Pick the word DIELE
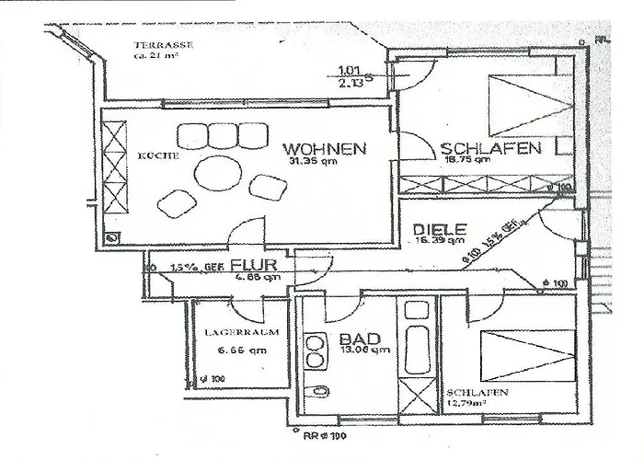click(x=441, y=229)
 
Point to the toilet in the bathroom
click(x=317, y=392)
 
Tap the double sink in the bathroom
click(x=316, y=347)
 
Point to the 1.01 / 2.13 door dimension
click(x=350, y=75)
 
